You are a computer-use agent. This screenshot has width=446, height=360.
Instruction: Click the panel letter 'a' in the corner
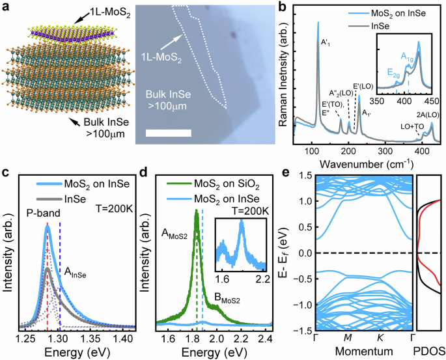(7, 7)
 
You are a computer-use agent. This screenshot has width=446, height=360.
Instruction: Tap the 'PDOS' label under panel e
(430, 352)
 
